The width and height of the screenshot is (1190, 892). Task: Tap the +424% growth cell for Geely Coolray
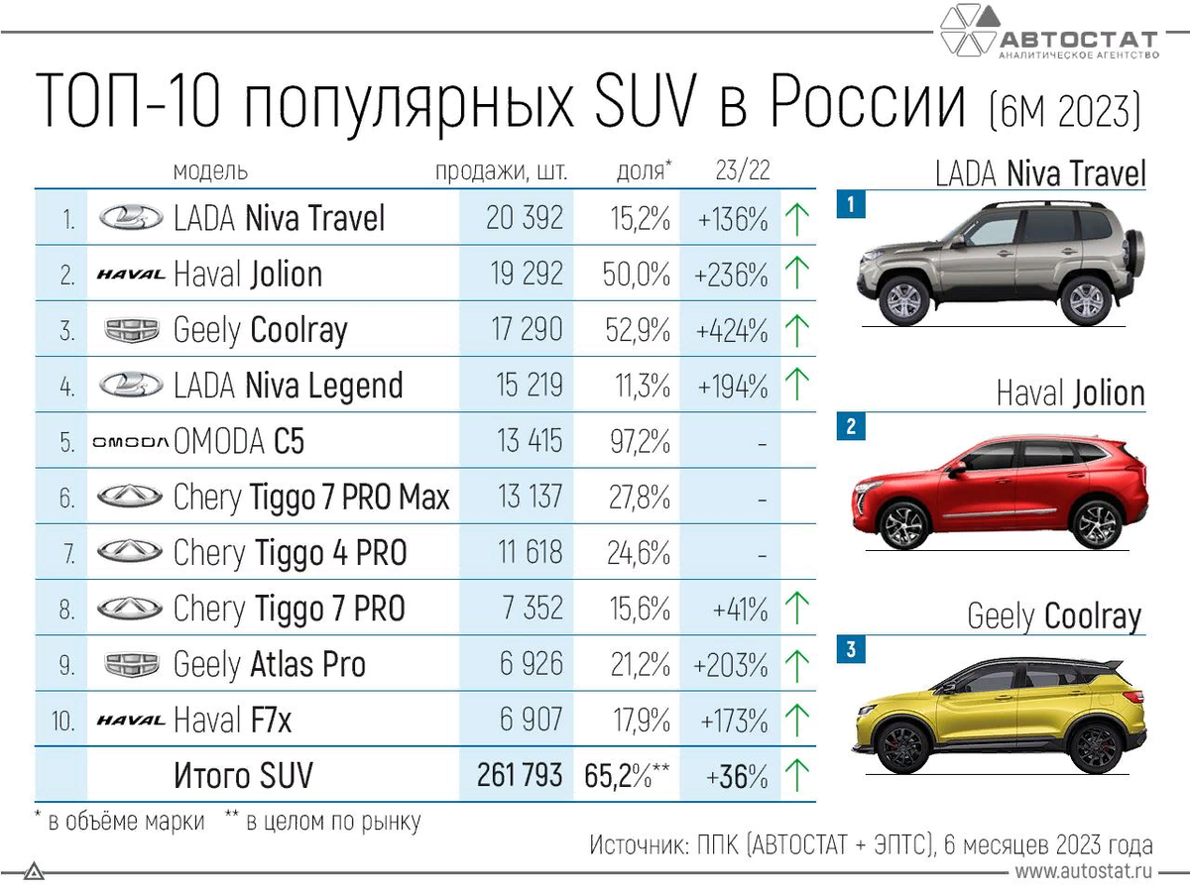click(732, 329)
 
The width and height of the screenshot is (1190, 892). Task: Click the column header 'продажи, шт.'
click(502, 171)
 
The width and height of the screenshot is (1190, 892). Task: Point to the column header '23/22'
click(742, 171)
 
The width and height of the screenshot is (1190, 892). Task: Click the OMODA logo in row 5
click(130, 442)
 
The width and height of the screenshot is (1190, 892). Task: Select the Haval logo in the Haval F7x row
click(130, 721)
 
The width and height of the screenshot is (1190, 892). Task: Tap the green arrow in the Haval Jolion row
click(796, 274)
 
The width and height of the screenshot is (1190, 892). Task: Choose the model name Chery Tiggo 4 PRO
click(290, 552)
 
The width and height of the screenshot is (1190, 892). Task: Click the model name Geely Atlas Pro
click(269, 664)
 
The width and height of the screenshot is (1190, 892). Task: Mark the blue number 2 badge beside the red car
click(851, 427)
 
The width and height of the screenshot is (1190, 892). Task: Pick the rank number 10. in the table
click(63, 721)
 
